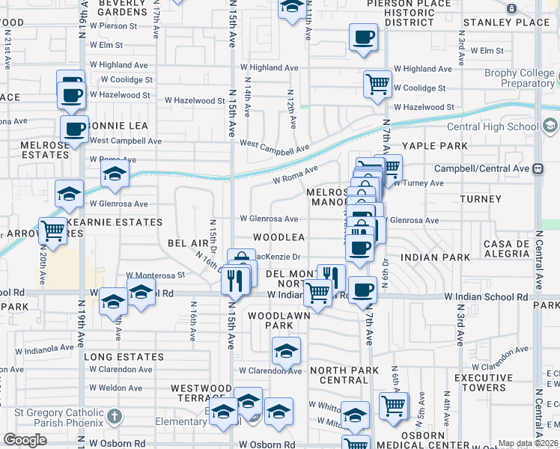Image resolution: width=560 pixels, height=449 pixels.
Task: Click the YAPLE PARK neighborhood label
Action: click(x=435, y=146)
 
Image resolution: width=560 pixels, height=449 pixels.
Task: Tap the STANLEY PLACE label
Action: click(x=506, y=22)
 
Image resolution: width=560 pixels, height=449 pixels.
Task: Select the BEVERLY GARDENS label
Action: click(x=121, y=8)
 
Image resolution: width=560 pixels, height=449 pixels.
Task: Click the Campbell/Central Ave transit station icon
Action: click(x=538, y=169)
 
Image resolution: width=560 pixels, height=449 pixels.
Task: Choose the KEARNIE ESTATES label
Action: click(x=114, y=222)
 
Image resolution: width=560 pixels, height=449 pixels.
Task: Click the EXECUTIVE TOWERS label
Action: click(x=484, y=382)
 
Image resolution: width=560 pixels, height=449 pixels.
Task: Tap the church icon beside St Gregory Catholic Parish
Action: click(x=113, y=415)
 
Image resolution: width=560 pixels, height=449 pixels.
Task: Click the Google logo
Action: click(x=25, y=440)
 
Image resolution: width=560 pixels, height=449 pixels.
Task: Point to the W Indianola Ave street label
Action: click(x=45, y=348)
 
